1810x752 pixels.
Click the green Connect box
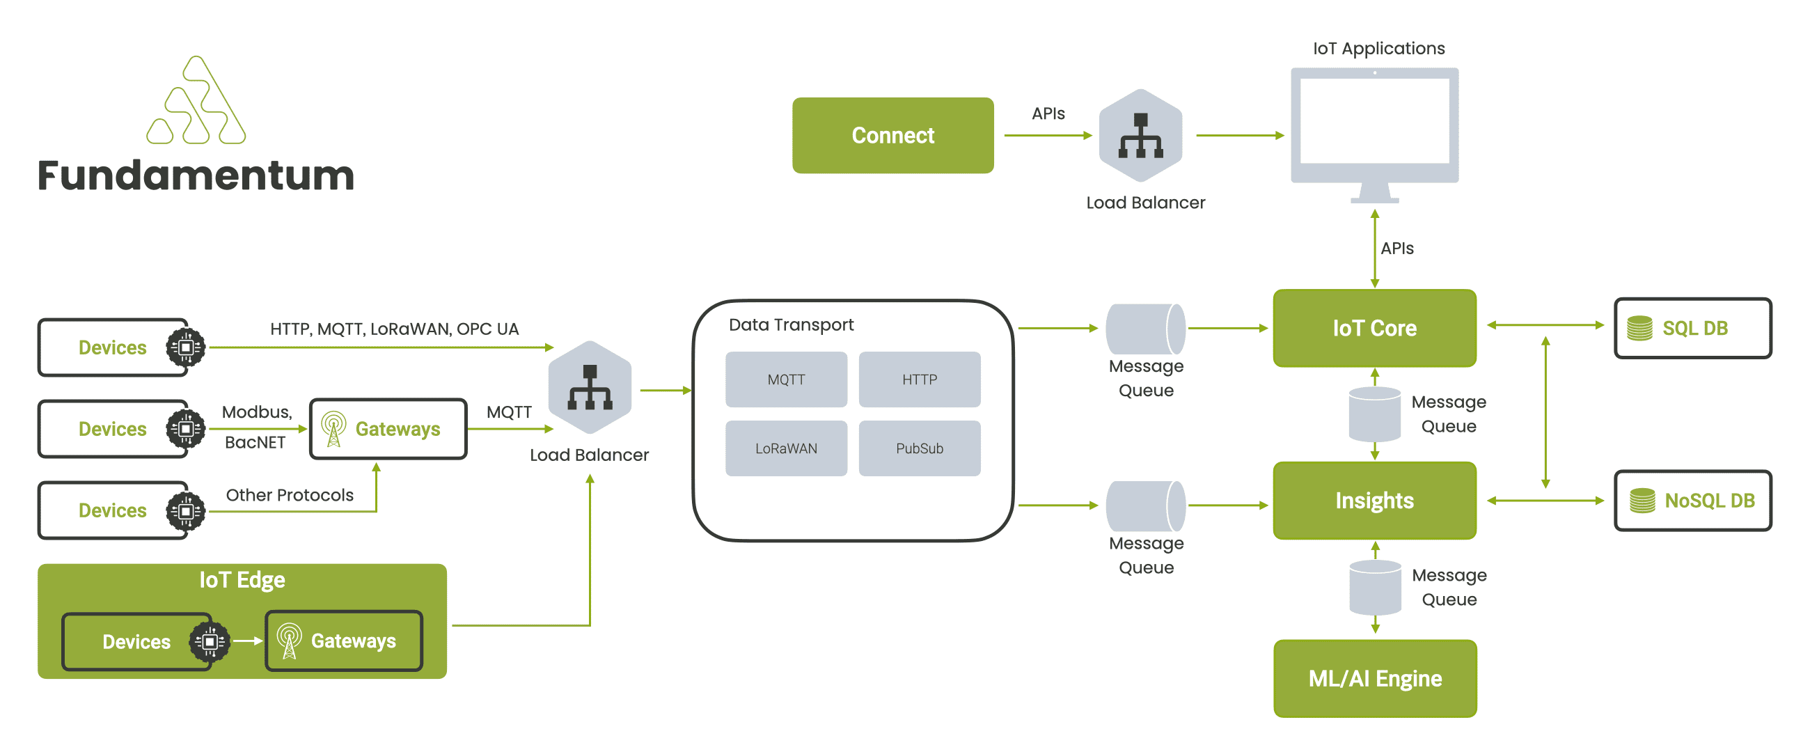click(x=892, y=135)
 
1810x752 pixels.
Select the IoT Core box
click(x=1374, y=327)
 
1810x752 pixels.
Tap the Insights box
click(x=1374, y=500)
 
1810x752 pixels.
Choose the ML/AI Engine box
click(x=1374, y=677)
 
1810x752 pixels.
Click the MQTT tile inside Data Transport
click(x=785, y=379)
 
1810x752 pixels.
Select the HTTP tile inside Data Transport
click(x=919, y=379)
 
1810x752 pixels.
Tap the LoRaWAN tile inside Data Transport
click(x=785, y=448)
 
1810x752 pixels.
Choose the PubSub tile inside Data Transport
click(x=919, y=448)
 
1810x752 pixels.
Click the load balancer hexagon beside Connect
click(x=1140, y=135)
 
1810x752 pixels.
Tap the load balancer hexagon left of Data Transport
click(x=590, y=387)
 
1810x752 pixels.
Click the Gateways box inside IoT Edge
click(x=344, y=641)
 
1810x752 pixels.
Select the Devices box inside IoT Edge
click(x=137, y=641)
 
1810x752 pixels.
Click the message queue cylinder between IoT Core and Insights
click(x=1374, y=414)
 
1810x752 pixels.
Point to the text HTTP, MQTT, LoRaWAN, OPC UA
click(x=394, y=329)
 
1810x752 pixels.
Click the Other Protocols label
click(x=290, y=495)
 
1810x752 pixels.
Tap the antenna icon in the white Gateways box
click(x=333, y=428)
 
